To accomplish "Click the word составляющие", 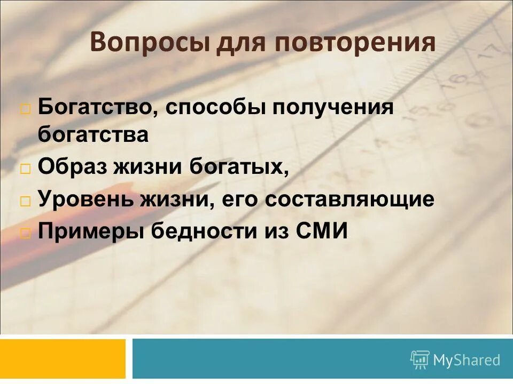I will point(349,200).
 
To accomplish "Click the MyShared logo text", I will point(466,361).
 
